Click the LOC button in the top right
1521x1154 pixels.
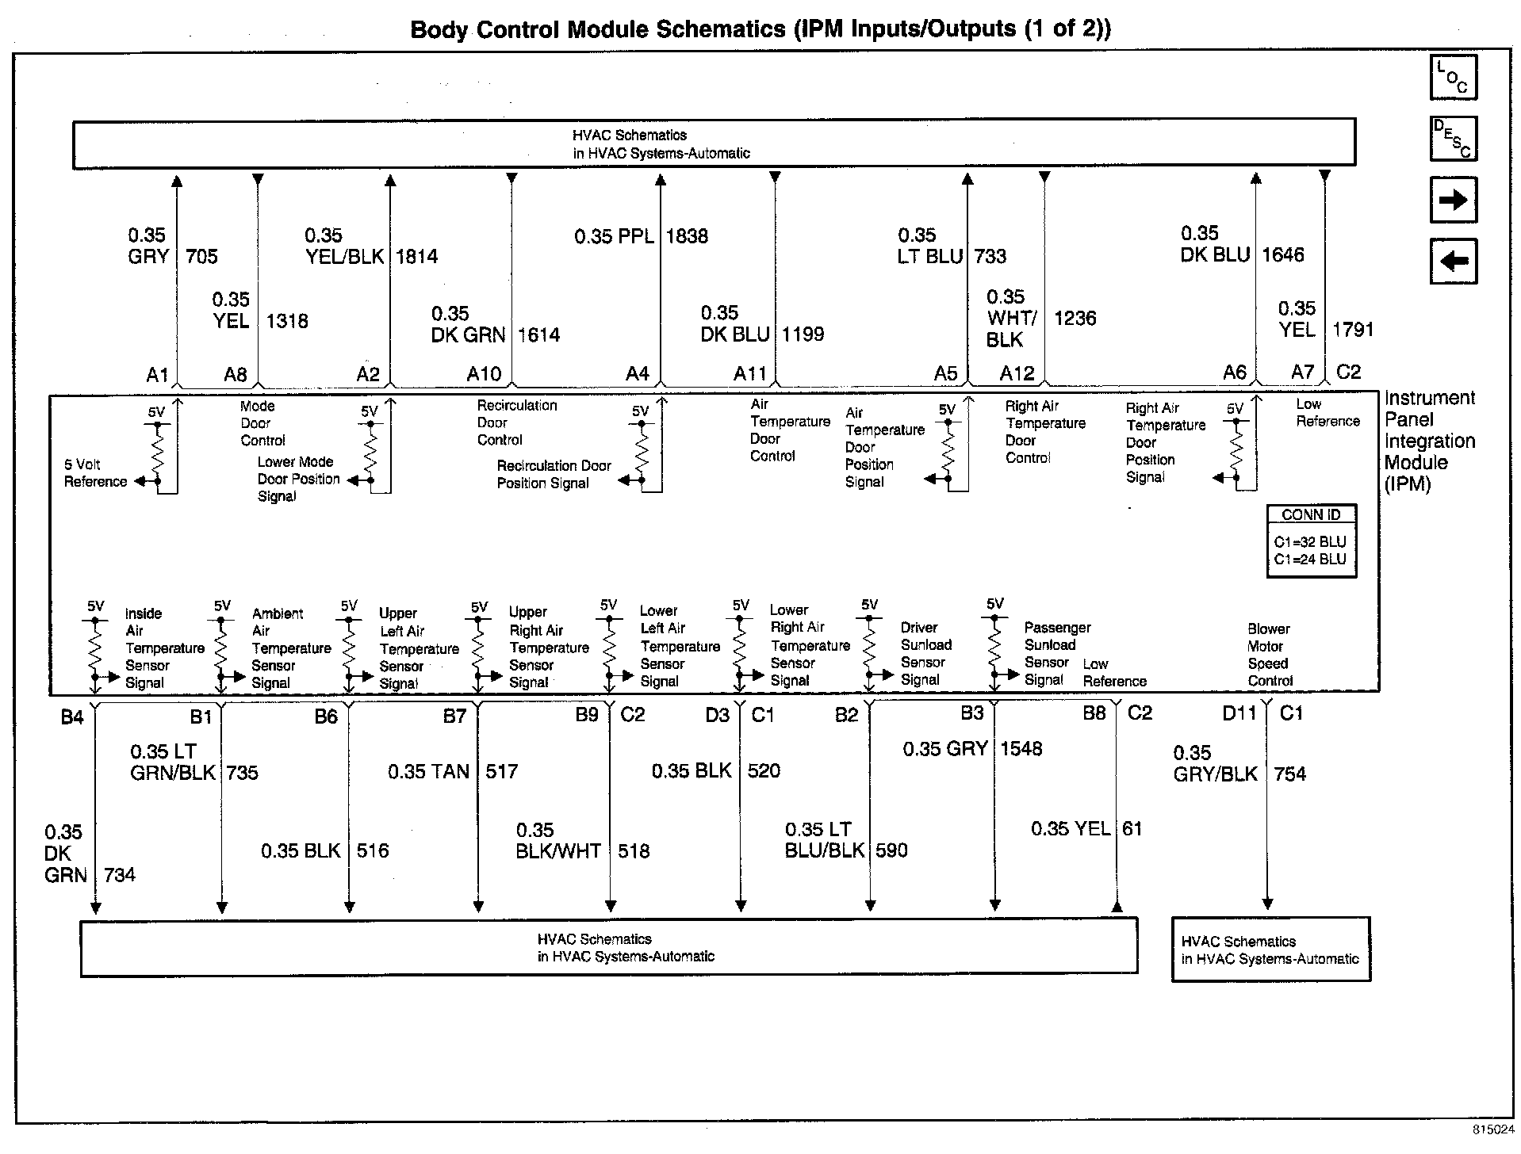(1453, 78)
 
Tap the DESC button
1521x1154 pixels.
(1453, 139)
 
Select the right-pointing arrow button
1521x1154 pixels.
(1453, 200)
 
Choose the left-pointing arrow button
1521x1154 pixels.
(1453, 261)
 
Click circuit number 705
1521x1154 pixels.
(201, 257)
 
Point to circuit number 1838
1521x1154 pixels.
(687, 236)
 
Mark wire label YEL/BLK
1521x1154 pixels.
(345, 257)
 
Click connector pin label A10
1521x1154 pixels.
(484, 374)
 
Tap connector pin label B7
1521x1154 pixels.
(454, 717)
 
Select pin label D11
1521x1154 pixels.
(1239, 714)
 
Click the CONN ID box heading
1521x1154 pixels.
(1311, 515)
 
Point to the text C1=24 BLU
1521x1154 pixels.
(1310, 560)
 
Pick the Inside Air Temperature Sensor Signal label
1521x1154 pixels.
(164, 648)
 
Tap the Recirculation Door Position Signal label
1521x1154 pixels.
(554, 474)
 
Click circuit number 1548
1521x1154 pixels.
(1021, 749)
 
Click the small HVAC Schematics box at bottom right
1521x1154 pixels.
(1270, 950)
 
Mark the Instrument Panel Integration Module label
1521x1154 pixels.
(1429, 441)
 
